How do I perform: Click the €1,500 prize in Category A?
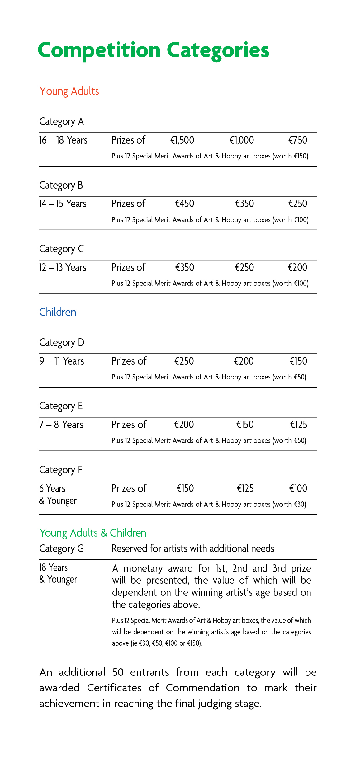tap(182, 140)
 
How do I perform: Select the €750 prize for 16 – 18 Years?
tap(298, 140)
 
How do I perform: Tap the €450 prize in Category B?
tap(184, 204)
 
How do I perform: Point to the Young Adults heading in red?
tap(69, 91)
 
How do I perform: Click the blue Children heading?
tap(58, 312)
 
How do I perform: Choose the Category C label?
tap(61, 249)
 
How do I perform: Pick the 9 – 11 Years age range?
tap(62, 361)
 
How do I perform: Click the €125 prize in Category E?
tap(299, 425)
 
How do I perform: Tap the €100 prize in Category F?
tap(298, 488)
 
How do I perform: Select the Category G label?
tap(61, 548)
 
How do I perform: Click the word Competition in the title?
tap(99, 50)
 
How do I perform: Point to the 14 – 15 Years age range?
tap(63, 204)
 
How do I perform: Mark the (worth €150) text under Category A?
tap(290, 156)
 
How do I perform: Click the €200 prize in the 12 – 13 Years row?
tap(297, 267)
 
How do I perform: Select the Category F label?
tap(61, 470)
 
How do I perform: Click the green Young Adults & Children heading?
tap(93, 533)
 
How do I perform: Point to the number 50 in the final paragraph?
tap(118, 672)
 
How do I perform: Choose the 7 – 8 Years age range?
tap(61, 425)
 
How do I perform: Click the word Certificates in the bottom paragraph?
tap(114, 688)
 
